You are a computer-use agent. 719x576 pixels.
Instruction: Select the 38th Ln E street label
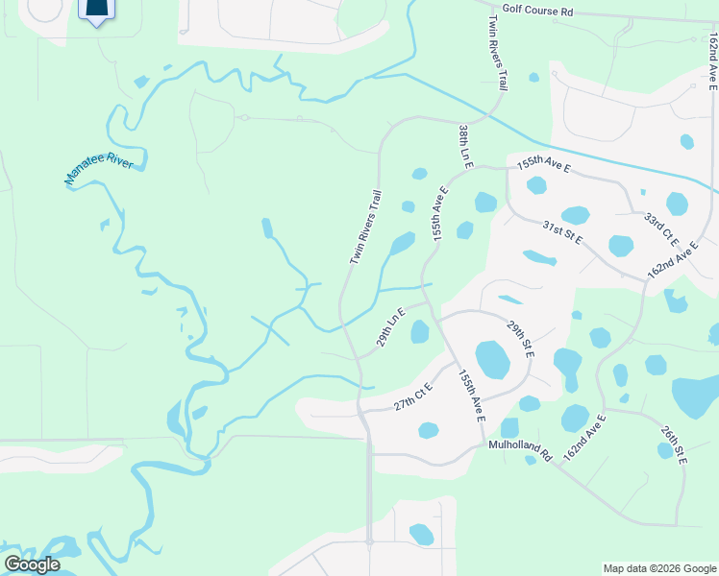tap(465, 147)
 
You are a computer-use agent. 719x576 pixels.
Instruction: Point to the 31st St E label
tap(561, 231)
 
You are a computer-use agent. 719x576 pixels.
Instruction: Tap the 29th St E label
tap(521, 341)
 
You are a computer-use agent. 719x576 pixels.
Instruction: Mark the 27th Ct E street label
tap(413, 397)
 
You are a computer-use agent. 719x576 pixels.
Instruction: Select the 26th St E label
tap(673, 443)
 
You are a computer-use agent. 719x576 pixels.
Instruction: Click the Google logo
tap(32, 564)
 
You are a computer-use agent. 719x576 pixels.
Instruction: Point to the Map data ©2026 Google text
tap(658, 568)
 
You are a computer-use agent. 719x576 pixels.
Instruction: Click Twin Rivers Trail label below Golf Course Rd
tap(497, 53)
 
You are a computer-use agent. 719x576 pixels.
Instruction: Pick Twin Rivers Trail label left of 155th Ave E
tap(365, 228)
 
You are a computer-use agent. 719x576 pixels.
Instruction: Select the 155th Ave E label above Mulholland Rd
tap(472, 395)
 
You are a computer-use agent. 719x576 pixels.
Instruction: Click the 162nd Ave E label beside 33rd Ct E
tap(672, 260)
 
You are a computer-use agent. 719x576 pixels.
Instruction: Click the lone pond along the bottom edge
tap(421, 534)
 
